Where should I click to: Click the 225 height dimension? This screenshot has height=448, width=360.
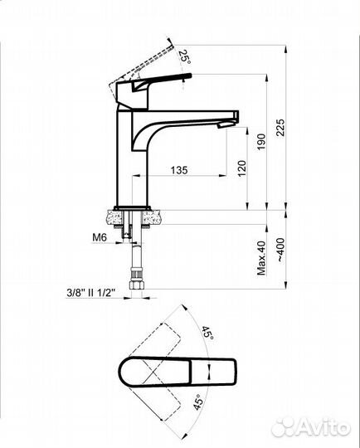tap(281, 128)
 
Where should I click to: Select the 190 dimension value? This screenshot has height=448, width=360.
tap(261, 142)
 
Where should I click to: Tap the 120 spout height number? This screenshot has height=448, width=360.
tap(241, 168)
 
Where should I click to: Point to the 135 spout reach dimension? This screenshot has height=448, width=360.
tap(179, 170)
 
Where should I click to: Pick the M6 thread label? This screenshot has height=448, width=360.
tap(100, 237)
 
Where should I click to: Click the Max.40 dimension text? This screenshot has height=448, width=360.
tap(261, 258)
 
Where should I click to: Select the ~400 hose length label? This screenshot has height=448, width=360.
tap(281, 250)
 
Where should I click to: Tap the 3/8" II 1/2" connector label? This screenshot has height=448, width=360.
tap(90, 293)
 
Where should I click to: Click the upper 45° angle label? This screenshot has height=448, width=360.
tap(207, 333)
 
